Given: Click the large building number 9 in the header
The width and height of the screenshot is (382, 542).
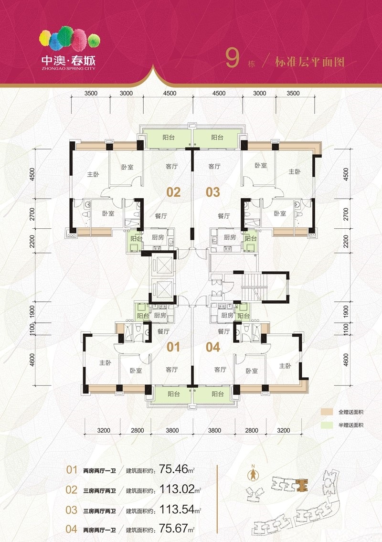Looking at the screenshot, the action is (x=233, y=58).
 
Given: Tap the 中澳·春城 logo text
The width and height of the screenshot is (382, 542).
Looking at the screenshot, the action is (x=68, y=61).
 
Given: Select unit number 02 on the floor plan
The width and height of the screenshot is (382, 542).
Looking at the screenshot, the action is (x=173, y=192).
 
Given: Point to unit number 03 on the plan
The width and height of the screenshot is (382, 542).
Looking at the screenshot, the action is (x=212, y=192).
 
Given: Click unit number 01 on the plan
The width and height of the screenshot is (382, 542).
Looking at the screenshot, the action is (x=173, y=347).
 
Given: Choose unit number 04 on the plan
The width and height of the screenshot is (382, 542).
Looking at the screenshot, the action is (x=213, y=347).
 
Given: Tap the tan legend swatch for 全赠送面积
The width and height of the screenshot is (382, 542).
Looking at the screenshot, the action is (x=327, y=412).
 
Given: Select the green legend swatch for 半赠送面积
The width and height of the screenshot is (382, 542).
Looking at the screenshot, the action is (x=327, y=425).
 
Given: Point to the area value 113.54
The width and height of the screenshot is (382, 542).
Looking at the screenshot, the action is (x=177, y=509).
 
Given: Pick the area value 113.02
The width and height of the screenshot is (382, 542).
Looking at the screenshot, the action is (x=177, y=489).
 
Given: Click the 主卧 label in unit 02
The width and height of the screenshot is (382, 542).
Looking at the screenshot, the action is (x=93, y=175).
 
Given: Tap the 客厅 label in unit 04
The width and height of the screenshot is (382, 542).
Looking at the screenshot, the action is (x=220, y=370).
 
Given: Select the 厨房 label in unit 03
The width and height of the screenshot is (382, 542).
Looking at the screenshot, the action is (x=230, y=237).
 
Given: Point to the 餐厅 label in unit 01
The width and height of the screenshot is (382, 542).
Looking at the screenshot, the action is (x=163, y=331).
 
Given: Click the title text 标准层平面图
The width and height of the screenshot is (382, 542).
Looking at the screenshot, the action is (x=309, y=62).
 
